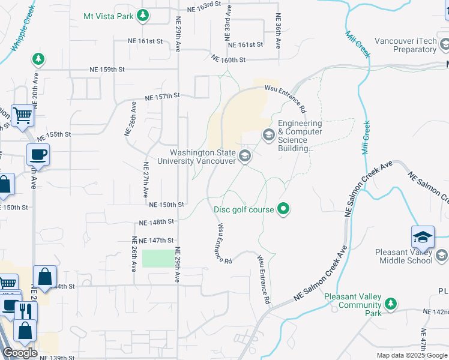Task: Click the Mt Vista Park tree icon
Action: tap(142, 16)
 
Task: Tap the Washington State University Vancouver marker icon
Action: tap(244, 157)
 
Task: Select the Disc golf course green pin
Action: tap(285, 209)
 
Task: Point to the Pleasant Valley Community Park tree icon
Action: tap(391, 305)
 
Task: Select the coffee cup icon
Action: tap(38, 155)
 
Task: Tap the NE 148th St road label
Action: tap(156, 222)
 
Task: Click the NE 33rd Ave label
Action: tap(228, 24)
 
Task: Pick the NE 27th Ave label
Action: tap(146, 180)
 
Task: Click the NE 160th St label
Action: tap(229, 59)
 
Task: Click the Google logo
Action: tap(20, 353)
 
